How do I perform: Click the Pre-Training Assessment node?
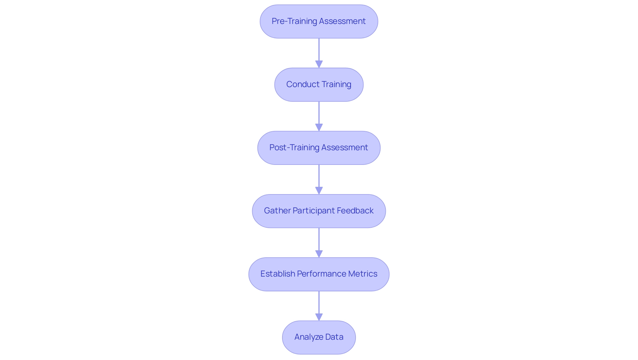click(319, 21)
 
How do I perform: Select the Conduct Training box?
click(319, 84)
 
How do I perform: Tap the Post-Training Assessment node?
click(319, 148)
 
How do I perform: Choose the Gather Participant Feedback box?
click(319, 211)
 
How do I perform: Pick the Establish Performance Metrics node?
click(319, 274)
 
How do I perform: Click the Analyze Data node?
click(319, 337)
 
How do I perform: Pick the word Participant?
click(314, 211)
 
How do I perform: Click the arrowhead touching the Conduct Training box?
click(319, 64)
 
